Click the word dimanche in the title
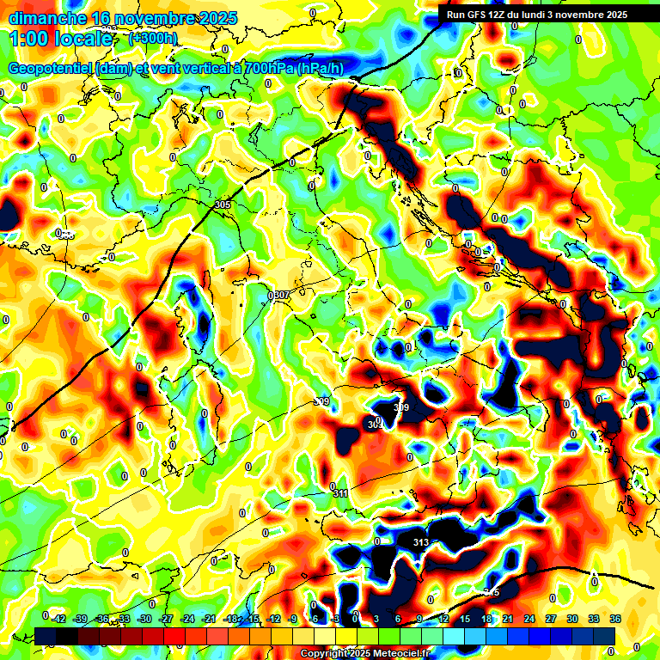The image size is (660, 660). pos(47,18)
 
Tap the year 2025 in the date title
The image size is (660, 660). pos(218,18)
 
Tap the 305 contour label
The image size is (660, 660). pos(223,205)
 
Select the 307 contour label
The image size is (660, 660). pos(281,295)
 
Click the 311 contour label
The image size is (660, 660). pos(340,493)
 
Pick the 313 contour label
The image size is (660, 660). pos(421,542)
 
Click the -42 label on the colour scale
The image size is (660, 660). pos(59,619)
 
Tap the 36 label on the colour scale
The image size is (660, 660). pos(614,619)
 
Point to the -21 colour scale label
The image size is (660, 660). pos(209,619)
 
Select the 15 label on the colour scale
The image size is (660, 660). pos(464,619)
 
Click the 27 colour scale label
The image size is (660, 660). pos(550,619)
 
